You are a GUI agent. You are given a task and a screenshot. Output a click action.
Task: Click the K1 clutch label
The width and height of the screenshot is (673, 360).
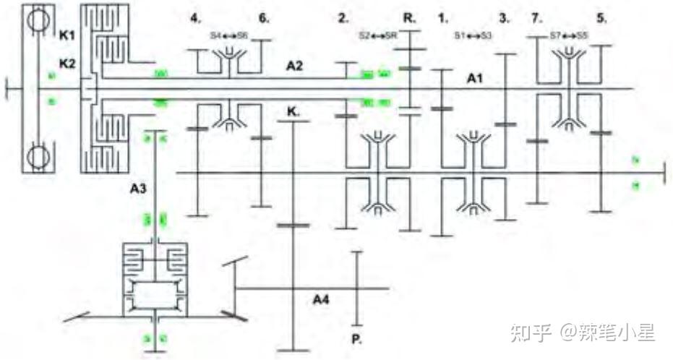pos(68,34)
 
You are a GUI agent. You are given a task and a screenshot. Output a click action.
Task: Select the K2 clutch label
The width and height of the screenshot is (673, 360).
pos(68,64)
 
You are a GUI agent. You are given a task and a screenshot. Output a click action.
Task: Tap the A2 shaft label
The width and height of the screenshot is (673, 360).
pos(294,66)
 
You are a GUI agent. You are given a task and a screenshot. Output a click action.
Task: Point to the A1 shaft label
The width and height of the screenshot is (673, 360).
pos(474,78)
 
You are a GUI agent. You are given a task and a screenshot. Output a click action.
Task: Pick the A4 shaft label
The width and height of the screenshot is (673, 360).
pos(323,298)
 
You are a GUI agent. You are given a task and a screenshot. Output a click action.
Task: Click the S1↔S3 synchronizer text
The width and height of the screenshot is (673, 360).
pos(473,34)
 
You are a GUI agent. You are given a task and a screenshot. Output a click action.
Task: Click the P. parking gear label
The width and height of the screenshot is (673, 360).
pos(355,338)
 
